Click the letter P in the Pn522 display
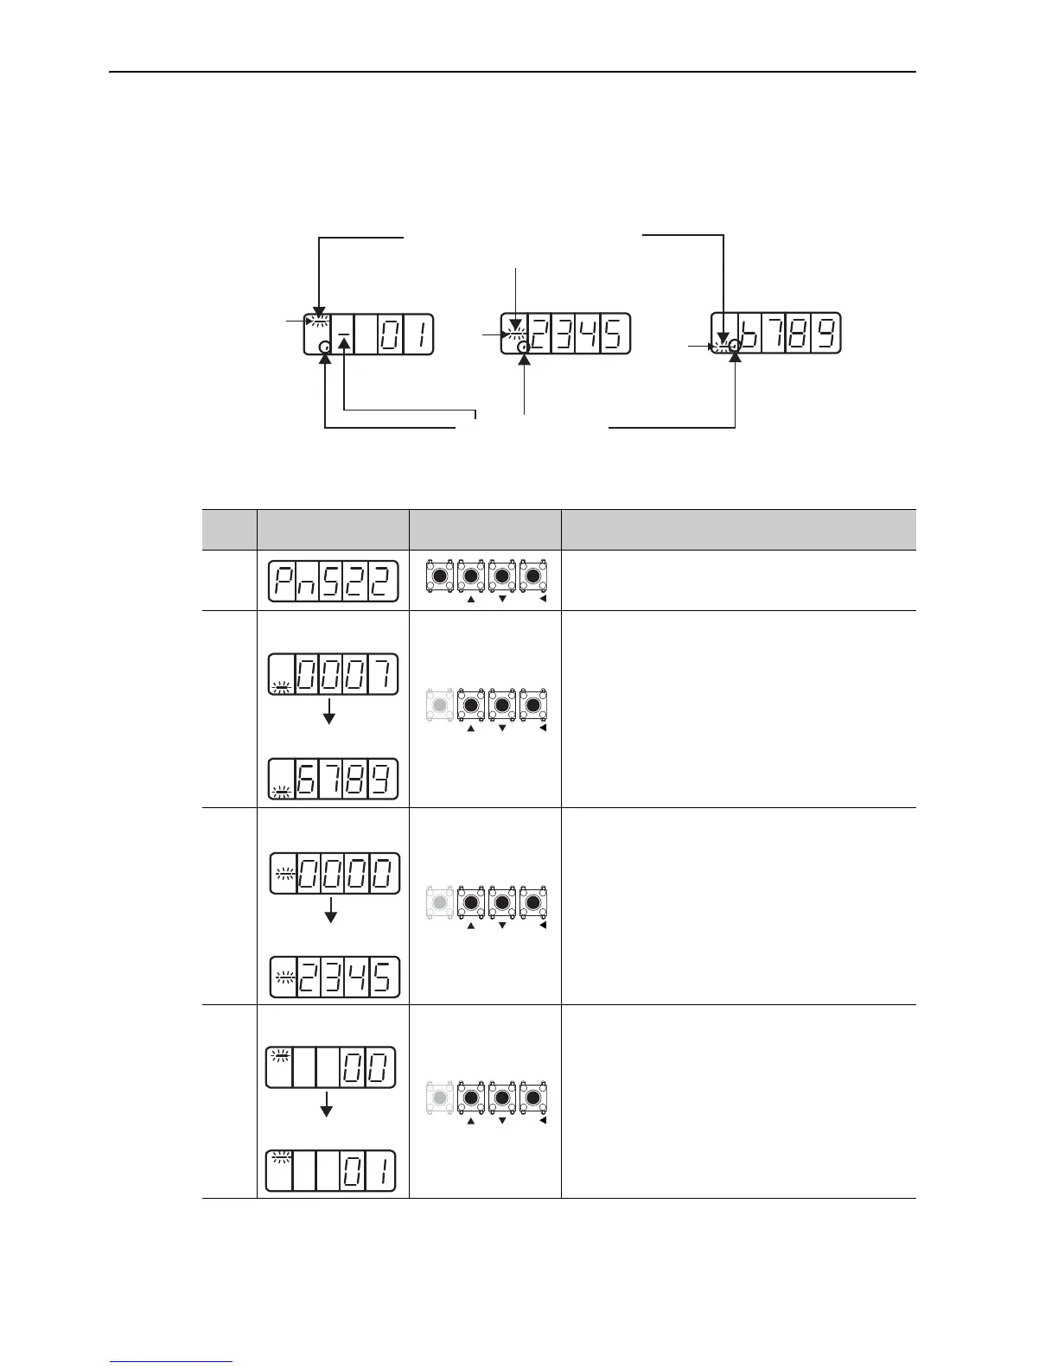282,581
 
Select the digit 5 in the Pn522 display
330,581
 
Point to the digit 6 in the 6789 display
309,779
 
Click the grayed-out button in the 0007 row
439,705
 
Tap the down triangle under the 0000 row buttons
501,926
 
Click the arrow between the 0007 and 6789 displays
328,711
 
